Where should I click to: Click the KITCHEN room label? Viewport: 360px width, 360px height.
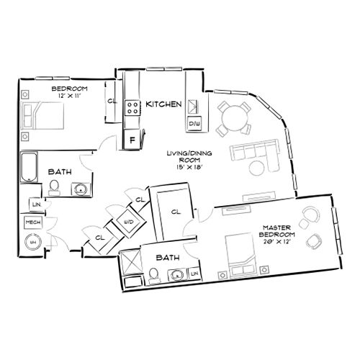(163, 104)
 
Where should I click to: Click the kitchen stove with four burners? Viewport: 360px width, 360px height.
(133, 108)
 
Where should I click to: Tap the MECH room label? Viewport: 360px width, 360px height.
(33, 223)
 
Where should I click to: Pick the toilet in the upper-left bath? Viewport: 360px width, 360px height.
(54, 189)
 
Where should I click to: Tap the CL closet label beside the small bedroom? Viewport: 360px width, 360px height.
(112, 102)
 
